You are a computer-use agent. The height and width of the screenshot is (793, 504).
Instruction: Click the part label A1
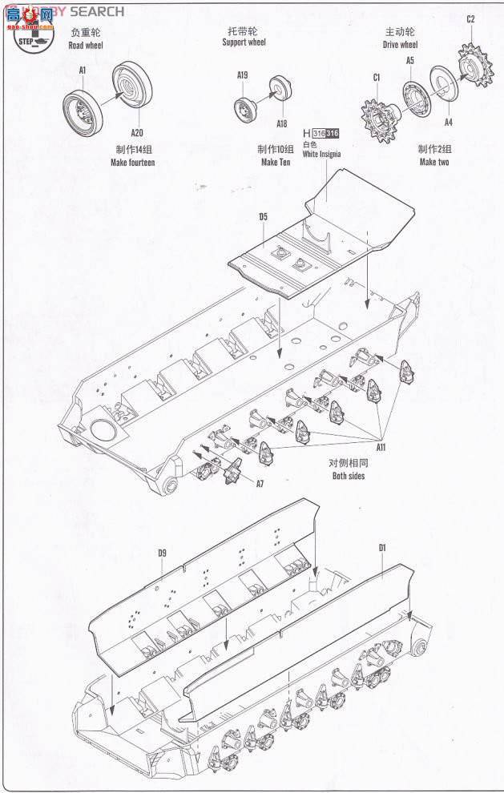click(83, 70)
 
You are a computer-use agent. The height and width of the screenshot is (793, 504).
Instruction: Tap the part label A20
click(137, 133)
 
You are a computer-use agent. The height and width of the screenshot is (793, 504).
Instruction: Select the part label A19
click(243, 75)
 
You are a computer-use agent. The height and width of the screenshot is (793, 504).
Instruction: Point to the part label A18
click(281, 123)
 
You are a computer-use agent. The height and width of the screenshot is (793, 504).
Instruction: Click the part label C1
click(377, 78)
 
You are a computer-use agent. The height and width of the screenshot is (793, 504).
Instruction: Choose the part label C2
click(470, 19)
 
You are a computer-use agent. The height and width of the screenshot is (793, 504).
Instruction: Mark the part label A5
click(409, 60)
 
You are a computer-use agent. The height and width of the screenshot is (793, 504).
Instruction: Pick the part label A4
click(448, 122)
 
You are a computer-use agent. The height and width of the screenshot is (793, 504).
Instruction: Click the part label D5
click(263, 216)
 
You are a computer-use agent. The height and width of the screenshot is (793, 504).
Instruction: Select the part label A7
click(259, 484)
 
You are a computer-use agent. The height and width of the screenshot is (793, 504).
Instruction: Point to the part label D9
click(162, 553)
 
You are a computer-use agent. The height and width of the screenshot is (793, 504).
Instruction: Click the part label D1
click(382, 548)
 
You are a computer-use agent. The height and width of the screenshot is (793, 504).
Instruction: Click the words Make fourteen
click(132, 162)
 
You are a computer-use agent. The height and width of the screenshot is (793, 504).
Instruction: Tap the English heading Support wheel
click(244, 42)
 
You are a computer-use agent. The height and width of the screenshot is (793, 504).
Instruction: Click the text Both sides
click(348, 476)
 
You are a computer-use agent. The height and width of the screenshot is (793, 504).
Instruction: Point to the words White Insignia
click(321, 155)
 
